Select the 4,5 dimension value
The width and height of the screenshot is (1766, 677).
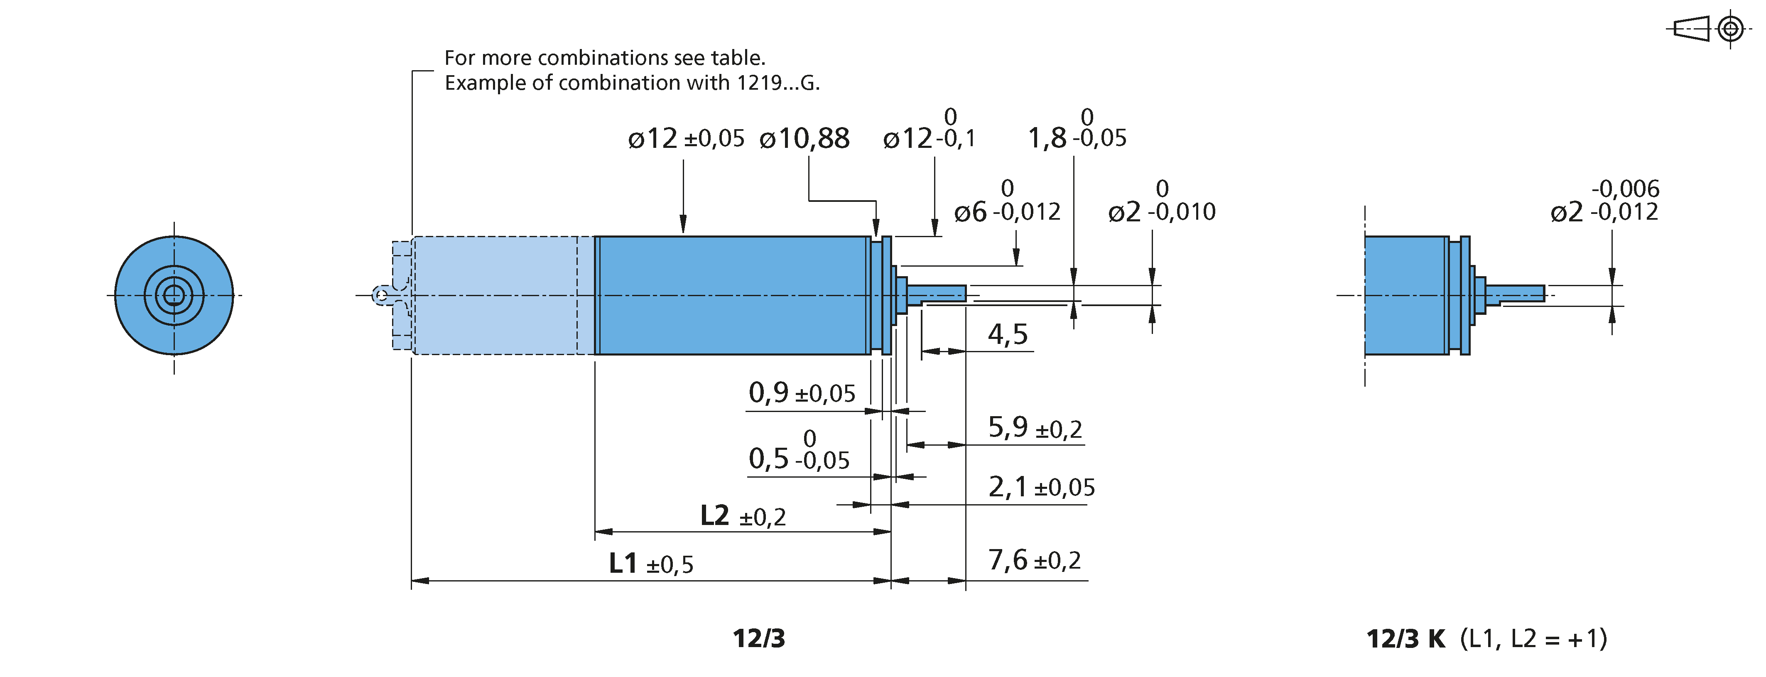(1008, 334)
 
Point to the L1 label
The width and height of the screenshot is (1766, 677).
(623, 564)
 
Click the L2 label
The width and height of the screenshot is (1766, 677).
(714, 515)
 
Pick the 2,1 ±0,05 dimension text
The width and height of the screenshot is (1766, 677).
(1041, 487)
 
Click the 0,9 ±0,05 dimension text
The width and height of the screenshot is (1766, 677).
(802, 393)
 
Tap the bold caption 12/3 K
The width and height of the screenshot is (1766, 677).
(1405, 639)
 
